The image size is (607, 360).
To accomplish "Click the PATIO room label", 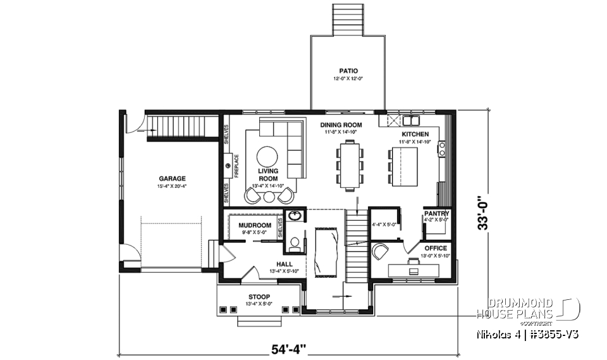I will pos(348,71).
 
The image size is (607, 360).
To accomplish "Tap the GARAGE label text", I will pos(172,178).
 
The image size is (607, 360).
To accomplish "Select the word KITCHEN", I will pos(415,134).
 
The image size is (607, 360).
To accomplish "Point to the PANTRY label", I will pos(436,214).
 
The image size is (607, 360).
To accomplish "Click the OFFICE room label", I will pos(436,248).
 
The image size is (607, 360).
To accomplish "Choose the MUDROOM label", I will pos(255,225).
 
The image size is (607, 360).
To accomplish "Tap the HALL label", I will pos(284,264).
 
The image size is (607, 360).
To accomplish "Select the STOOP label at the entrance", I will pos(259,297).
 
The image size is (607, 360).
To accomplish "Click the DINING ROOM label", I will pos(340,125).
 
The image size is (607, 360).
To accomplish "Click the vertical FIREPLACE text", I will pos(236,166).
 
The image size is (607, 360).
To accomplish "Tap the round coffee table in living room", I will pos(268,156).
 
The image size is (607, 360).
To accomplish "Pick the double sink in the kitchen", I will pos(413,120).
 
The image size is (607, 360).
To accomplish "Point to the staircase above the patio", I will pos(347,19).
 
